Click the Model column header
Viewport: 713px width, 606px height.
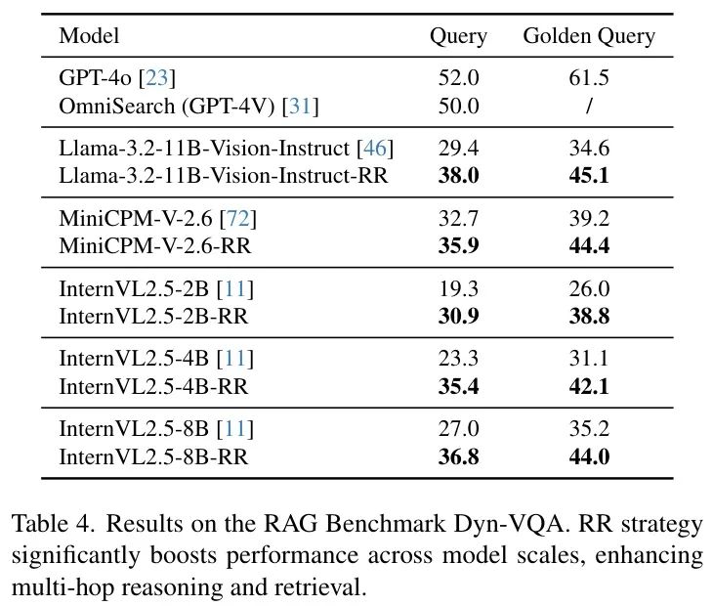coord(89,37)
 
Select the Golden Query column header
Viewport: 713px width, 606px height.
coord(589,37)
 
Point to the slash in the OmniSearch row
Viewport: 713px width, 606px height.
coord(589,106)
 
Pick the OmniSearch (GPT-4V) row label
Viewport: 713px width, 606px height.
coord(189,106)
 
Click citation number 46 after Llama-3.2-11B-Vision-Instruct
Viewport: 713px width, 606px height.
coord(374,150)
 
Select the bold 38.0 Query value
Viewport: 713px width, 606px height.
coord(459,175)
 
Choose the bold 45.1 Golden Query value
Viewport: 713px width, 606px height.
coord(589,175)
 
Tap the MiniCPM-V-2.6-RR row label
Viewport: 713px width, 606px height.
coord(155,245)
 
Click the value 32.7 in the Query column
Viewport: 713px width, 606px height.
coord(459,220)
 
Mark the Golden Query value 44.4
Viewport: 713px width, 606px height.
coord(589,245)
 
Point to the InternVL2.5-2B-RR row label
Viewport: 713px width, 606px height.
coord(153,316)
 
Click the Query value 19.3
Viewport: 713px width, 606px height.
coord(459,290)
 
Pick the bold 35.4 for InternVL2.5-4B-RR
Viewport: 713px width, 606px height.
coord(459,386)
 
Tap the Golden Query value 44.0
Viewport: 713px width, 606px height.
coord(589,456)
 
